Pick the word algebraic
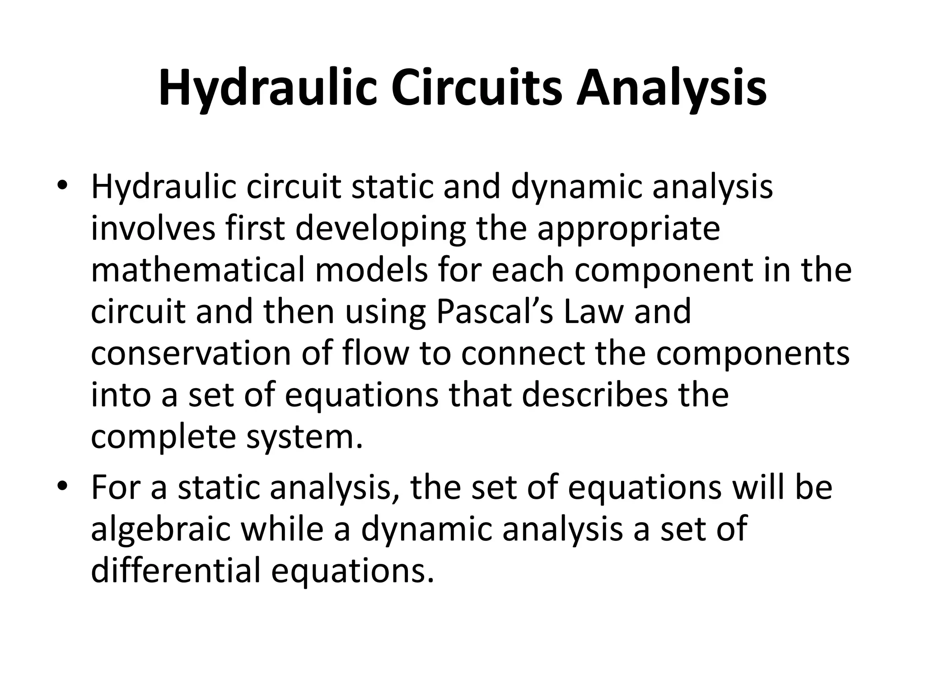click(x=160, y=529)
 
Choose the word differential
click(x=176, y=571)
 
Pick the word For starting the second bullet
click(x=117, y=488)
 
